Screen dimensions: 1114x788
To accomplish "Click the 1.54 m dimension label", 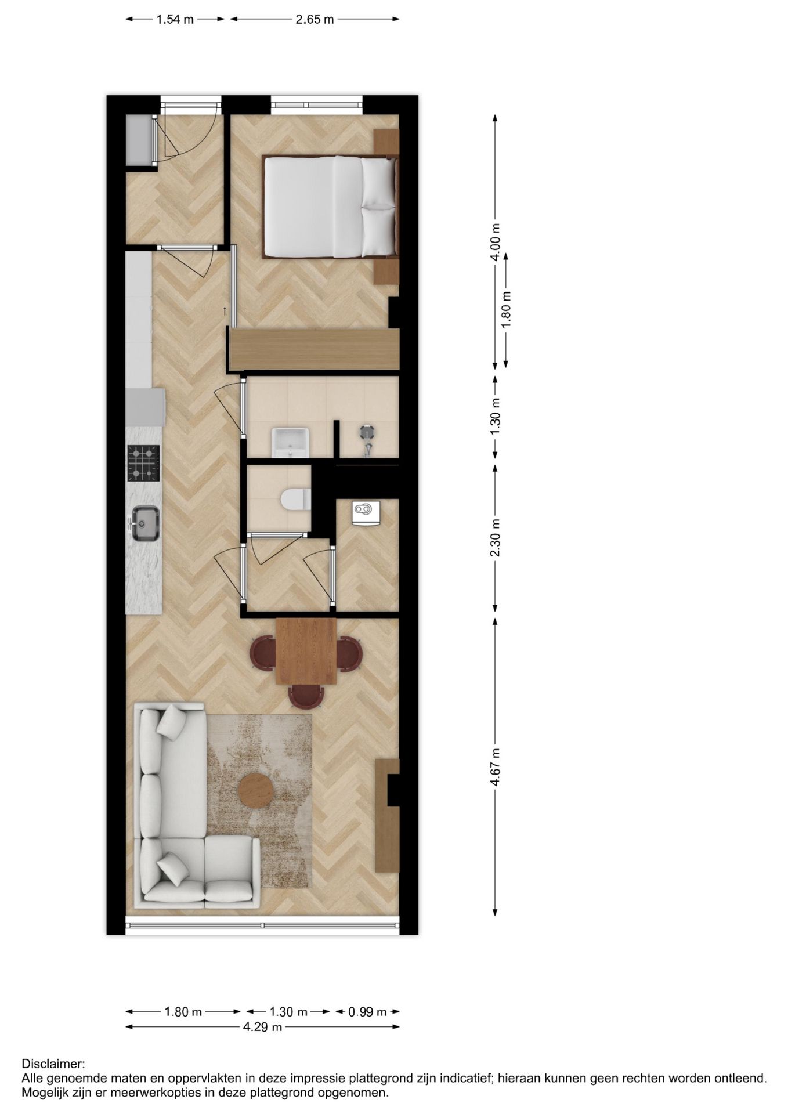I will pyautogui.click(x=175, y=20).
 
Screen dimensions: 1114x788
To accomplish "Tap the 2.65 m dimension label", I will pyautogui.click(x=315, y=20).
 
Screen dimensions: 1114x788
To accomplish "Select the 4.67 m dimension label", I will pyautogui.click(x=495, y=767).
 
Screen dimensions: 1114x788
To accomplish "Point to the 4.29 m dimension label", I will pyautogui.click(x=262, y=1027).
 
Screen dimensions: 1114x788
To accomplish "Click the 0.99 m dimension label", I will pyautogui.click(x=367, y=1012).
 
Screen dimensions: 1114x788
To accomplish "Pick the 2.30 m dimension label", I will pyautogui.click(x=495, y=537).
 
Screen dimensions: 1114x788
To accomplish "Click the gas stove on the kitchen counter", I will pyautogui.click(x=143, y=462).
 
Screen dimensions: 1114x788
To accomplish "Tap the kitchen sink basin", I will pyautogui.click(x=145, y=523).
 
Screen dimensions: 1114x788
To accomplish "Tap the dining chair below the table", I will pyautogui.click(x=306, y=695).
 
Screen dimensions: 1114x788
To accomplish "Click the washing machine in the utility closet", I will pyautogui.click(x=366, y=512).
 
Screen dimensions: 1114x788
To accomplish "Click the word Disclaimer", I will pyautogui.click(x=53, y=1064).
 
